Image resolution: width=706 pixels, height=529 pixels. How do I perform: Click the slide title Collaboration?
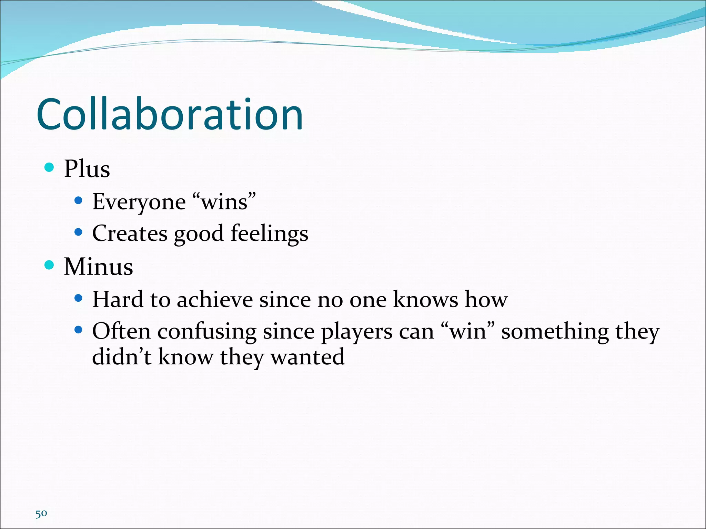170,114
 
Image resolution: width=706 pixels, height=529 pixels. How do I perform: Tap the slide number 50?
41,514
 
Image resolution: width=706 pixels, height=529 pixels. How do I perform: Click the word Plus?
87,169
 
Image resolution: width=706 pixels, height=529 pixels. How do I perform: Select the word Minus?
99,267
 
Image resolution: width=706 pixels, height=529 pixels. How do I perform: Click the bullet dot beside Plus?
49,167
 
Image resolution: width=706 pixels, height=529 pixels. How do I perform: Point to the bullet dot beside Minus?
49,265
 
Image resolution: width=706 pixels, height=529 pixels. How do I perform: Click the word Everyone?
139,202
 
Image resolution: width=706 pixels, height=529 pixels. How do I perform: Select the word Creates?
130,234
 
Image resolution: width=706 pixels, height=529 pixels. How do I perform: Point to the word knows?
426,299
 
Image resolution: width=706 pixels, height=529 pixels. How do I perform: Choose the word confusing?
207,332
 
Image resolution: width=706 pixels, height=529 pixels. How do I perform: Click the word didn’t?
122,356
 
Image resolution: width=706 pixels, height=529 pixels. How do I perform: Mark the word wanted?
307,357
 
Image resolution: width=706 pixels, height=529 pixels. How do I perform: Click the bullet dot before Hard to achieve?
78,298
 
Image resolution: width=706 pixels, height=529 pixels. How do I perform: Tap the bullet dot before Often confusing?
78,330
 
